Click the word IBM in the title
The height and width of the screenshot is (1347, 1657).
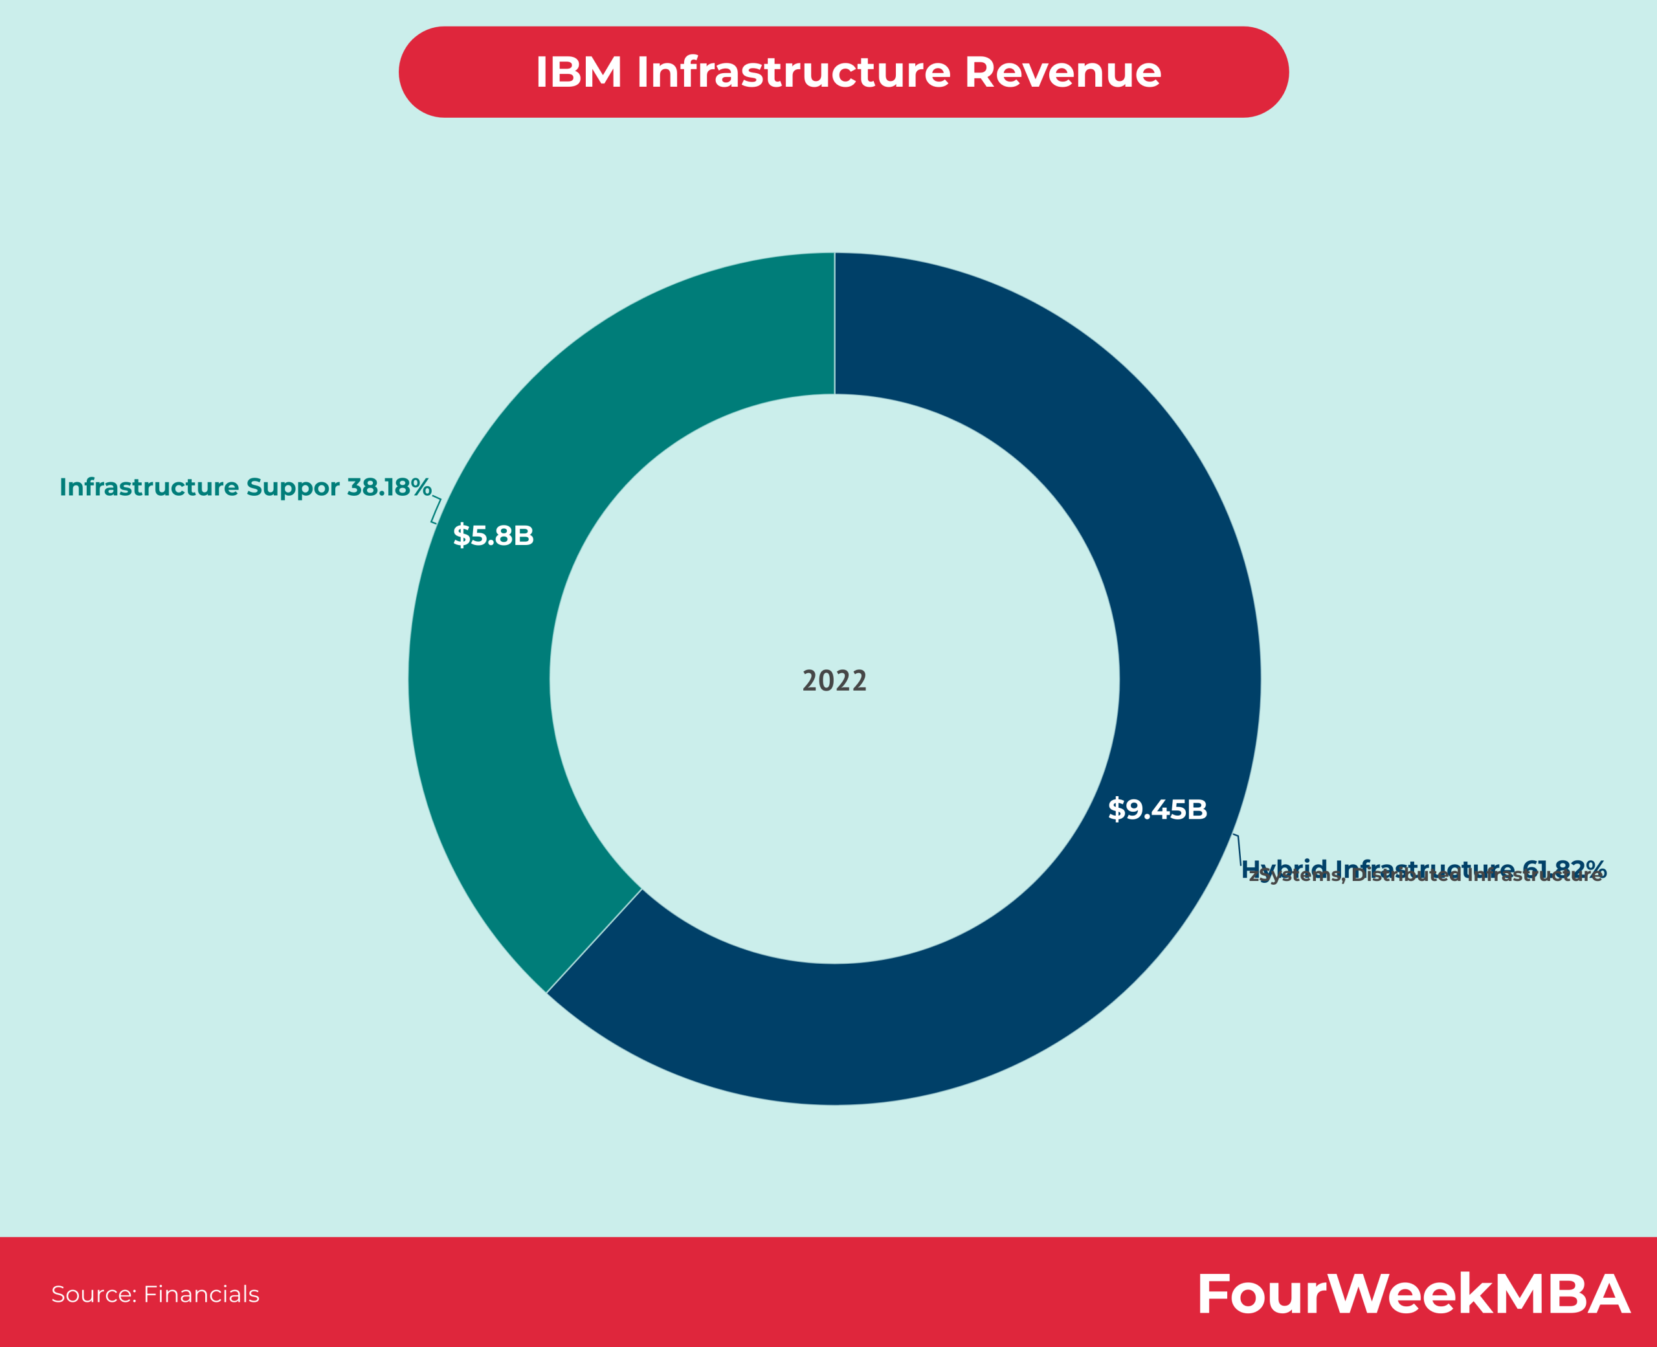pos(578,72)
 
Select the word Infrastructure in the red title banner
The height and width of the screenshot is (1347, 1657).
pos(793,72)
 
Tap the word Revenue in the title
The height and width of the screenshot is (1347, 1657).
pos(1062,72)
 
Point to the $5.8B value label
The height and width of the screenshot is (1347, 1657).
pos(493,535)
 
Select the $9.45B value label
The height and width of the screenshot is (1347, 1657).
pos(1157,809)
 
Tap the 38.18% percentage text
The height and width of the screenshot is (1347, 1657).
pos(388,487)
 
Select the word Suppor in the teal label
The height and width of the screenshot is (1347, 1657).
pos(293,487)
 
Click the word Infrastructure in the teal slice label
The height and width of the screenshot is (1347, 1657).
pos(149,487)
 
